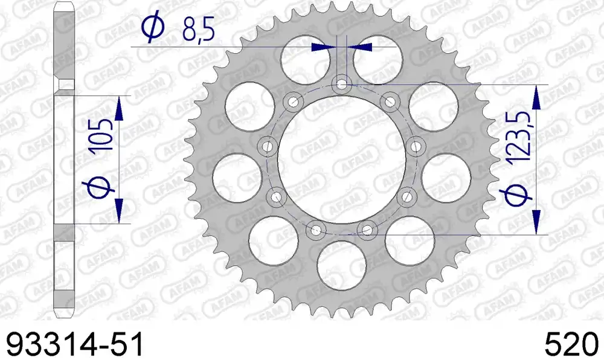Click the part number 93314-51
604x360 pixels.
point(75,344)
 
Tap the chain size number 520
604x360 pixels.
point(571,344)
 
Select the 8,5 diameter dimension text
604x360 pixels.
point(198,29)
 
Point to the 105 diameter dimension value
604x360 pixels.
point(103,135)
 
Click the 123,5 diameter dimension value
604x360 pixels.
point(519,137)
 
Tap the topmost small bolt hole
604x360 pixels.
point(341,83)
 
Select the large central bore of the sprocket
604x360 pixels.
point(341,159)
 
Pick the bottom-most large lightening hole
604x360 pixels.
point(342,266)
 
